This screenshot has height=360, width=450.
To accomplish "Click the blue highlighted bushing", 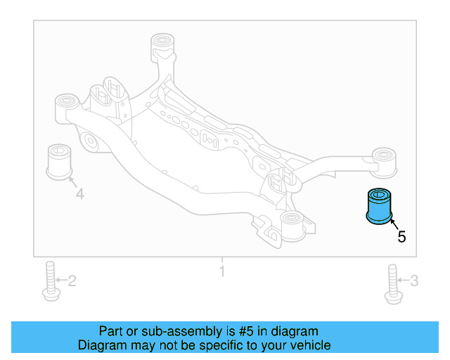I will point(380,207).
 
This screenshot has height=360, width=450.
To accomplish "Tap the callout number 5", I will point(401,238).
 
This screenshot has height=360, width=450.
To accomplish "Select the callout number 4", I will point(79,193).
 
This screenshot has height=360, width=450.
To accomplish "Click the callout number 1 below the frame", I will point(222,271).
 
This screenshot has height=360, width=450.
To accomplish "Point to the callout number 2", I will point(72,282).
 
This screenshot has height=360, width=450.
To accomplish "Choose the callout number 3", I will point(414,282).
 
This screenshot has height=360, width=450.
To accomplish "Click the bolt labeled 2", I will point(50,282).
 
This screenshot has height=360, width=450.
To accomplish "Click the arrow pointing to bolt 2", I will point(60,282).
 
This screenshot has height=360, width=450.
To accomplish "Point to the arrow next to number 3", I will point(403,282).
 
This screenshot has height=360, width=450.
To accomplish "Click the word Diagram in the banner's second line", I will point(100,345).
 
